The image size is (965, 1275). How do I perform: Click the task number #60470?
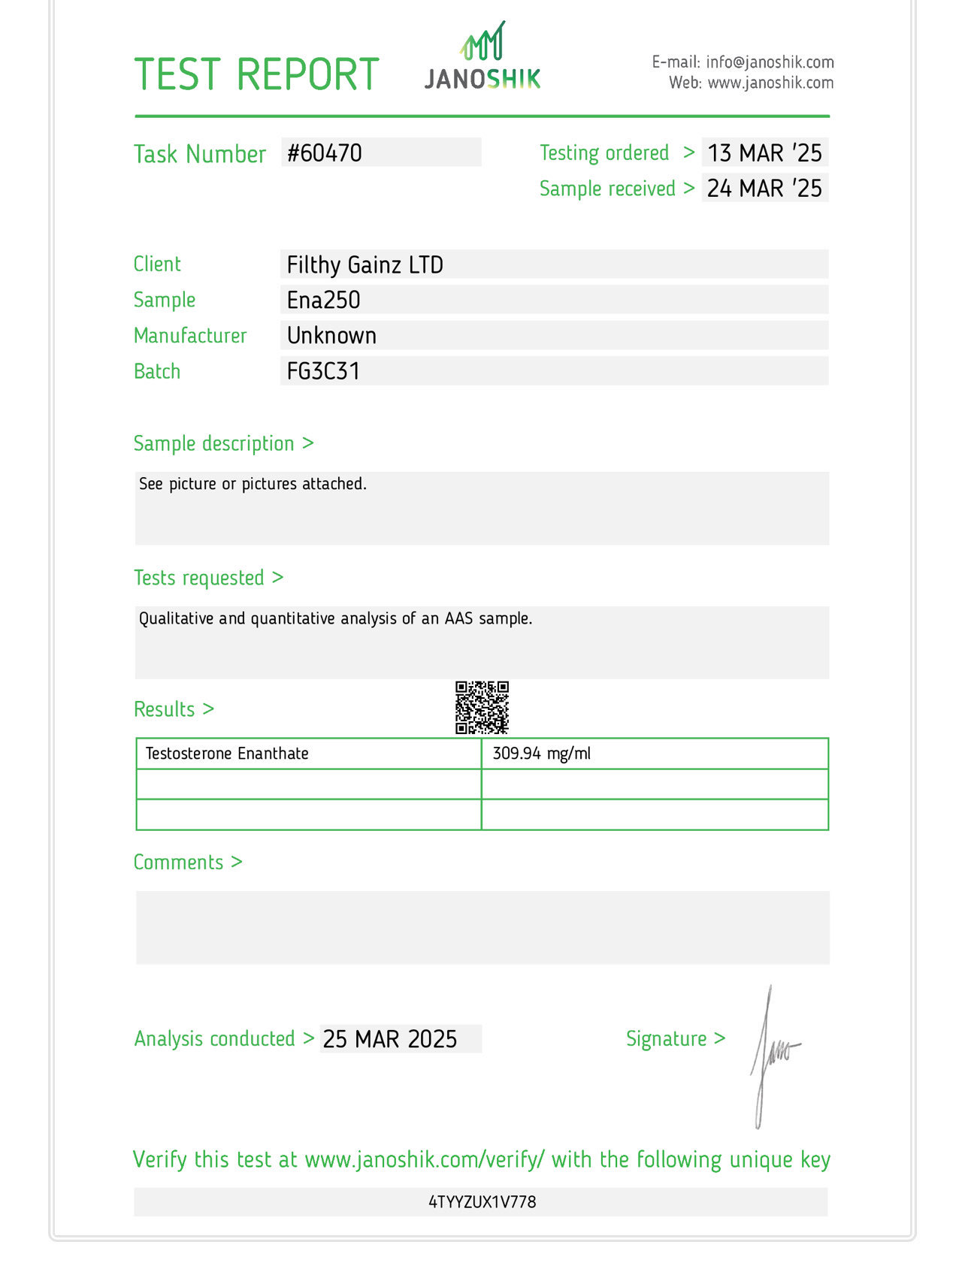pyautogui.click(x=325, y=153)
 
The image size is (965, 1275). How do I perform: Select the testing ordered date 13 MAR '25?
pyautogui.click(x=764, y=153)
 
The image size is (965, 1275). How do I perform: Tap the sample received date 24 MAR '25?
pyautogui.click(x=764, y=189)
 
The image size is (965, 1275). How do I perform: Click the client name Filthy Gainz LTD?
pyautogui.click(x=365, y=265)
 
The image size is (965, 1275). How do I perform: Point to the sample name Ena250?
pyautogui.click(x=324, y=301)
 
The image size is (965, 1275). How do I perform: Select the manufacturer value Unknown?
pyautogui.click(x=331, y=336)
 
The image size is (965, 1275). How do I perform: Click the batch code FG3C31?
pyautogui.click(x=323, y=371)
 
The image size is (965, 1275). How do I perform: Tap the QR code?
pyautogui.click(x=482, y=708)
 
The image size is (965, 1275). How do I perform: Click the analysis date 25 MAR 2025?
pyautogui.click(x=390, y=1039)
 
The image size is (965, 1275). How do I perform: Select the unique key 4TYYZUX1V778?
pyautogui.click(x=482, y=1202)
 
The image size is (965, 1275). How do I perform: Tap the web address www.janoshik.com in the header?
pyautogui.click(x=770, y=83)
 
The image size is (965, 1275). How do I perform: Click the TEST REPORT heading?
pyautogui.click(x=256, y=75)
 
